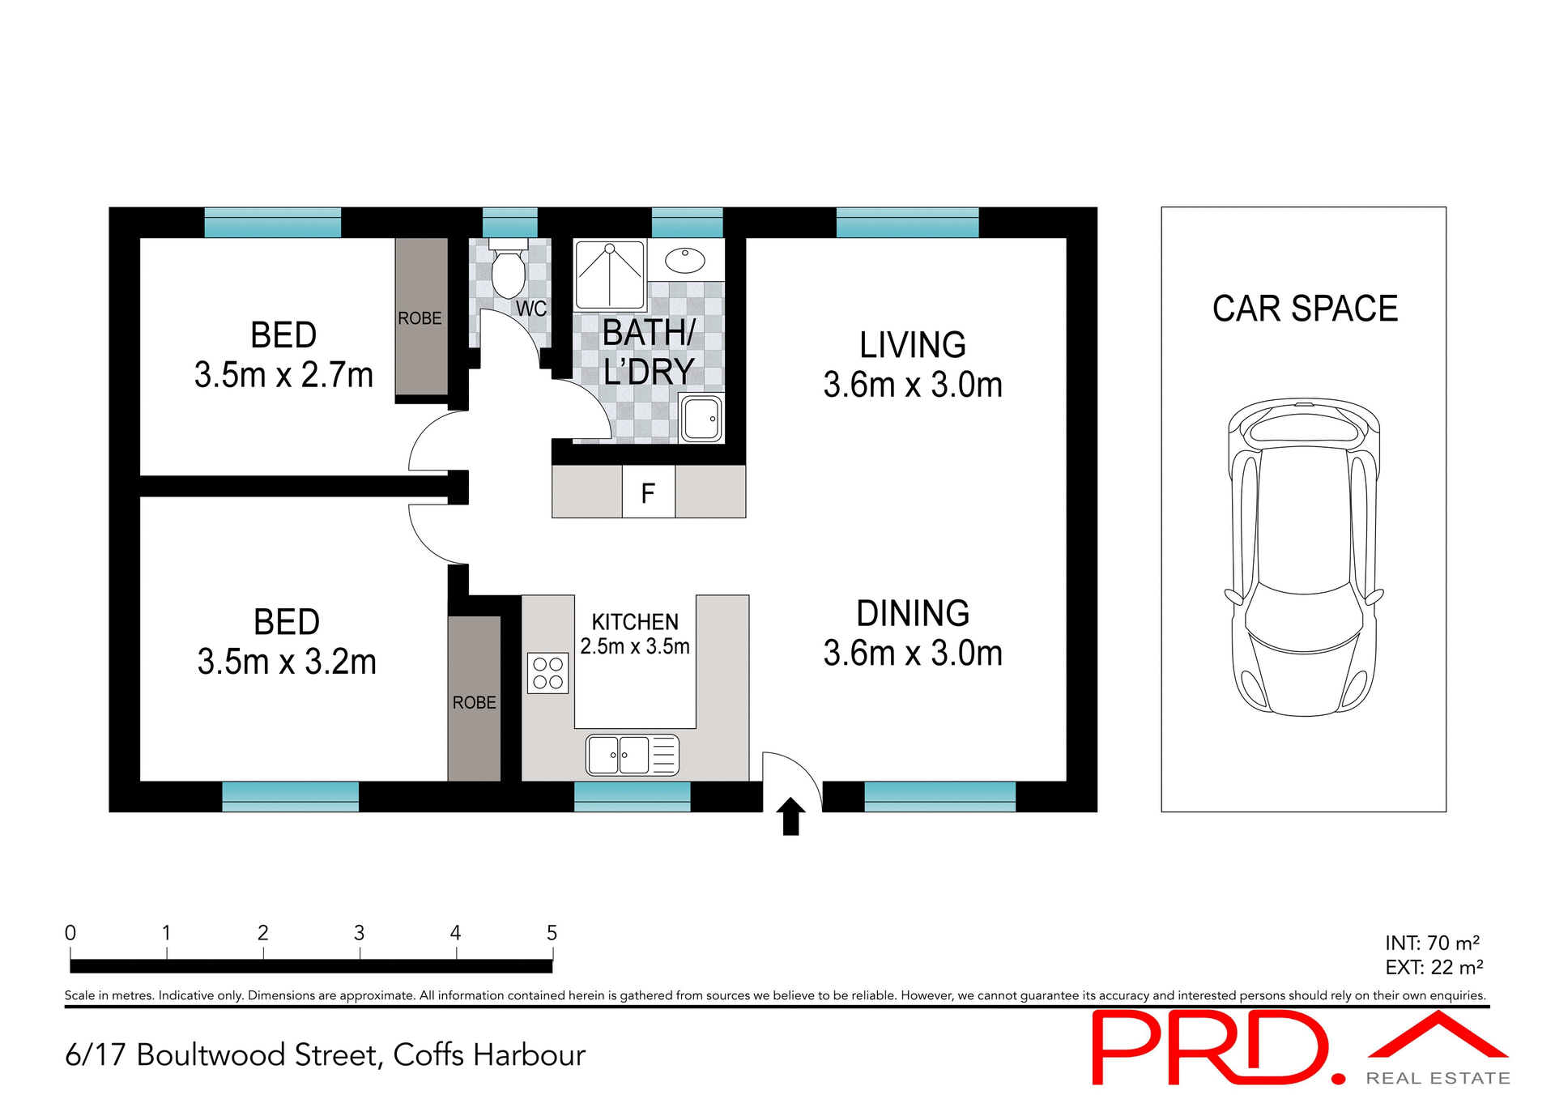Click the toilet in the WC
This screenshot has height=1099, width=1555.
tap(508, 272)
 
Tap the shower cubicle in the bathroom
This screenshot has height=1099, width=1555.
tap(609, 275)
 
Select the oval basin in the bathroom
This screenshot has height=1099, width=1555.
tap(685, 260)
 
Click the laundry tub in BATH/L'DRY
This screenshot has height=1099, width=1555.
tap(701, 418)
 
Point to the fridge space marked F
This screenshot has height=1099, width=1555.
tap(648, 492)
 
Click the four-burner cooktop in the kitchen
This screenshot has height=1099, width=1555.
tap(547, 673)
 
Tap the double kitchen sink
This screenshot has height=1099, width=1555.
tap(632, 755)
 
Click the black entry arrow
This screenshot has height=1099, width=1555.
tap(790, 816)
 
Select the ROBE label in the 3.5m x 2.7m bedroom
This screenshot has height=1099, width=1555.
tap(420, 318)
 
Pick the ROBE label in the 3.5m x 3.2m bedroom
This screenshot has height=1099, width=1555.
tap(474, 702)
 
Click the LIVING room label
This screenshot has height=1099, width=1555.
tap(912, 345)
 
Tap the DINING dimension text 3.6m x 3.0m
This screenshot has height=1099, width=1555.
tap(912, 653)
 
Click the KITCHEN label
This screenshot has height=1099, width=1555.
tap(634, 622)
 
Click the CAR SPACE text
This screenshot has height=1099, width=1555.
tap(1304, 309)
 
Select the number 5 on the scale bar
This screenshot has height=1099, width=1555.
tap(552, 933)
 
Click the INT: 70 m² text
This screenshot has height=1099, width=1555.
tap(1432, 943)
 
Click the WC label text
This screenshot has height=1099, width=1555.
tap(530, 309)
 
